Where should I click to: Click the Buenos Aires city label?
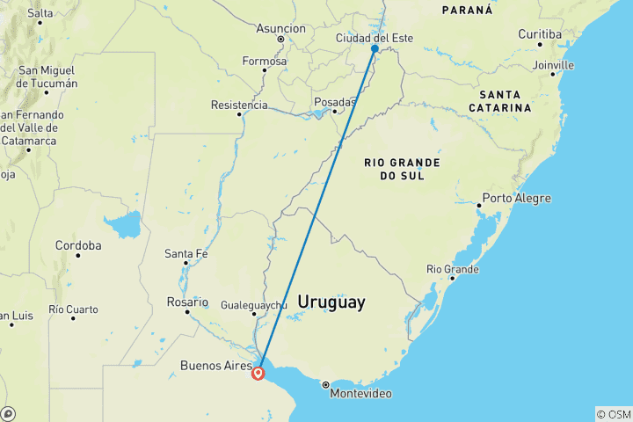(215, 365)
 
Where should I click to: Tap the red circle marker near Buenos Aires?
(258, 374)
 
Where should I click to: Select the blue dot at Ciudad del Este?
(375, 49)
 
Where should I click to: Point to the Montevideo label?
(360, 394)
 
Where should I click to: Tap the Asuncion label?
(280, 28)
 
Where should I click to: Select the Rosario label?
(188, 301)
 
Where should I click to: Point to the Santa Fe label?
(186, 254)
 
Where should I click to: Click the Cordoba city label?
(78, 245)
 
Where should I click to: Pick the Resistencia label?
(239, 105)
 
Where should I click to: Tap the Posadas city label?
(334, 102)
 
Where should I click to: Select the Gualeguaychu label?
(253, 305)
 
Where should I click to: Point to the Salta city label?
(40, 13)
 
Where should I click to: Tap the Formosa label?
(266, 62)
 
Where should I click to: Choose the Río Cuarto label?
(75, 309)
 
